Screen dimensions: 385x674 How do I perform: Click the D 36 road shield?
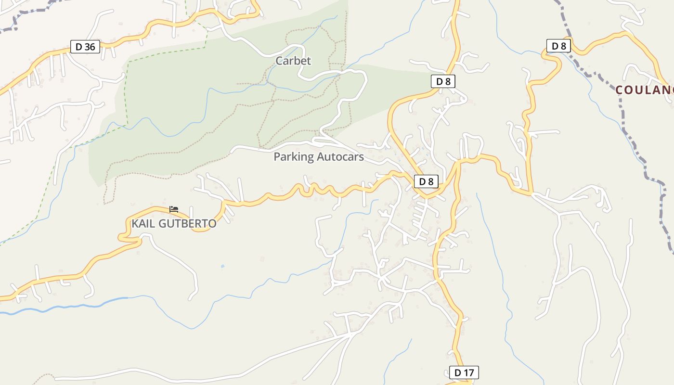click(x=85, y=47)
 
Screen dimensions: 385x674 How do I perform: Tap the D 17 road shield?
click(x=464, y=372)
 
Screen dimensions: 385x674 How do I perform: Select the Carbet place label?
click(x=293, y=61)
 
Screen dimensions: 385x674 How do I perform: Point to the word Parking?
click(x=293, y=157)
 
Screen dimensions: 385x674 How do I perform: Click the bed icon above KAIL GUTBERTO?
click(x=174, y=209)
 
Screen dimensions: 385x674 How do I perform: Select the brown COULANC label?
click(x=644, y=90)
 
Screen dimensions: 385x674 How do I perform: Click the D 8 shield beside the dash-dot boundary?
click(x=558, y=46)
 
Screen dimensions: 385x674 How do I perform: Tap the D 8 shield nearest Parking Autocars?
click(x=427, y=181)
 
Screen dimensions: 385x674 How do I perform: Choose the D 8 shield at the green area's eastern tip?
click(x=443, y=81)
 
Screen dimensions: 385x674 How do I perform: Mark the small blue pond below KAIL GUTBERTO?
click(x=222, y=266)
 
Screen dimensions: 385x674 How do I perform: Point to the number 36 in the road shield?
click(x=90, y=47)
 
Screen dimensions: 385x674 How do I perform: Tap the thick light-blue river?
click(x=72, y=306)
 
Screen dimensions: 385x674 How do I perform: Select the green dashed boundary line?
click(x=127, y=91)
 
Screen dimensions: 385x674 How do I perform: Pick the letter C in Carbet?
click(x=279, y=61)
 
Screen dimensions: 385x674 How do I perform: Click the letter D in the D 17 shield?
click(x=457, y=372)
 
